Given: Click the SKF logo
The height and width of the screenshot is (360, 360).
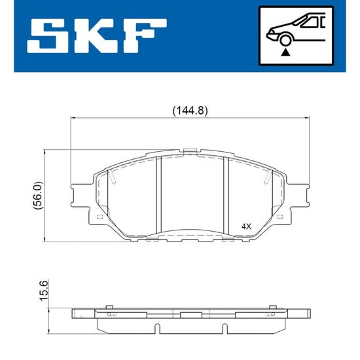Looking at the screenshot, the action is tap(97, 36).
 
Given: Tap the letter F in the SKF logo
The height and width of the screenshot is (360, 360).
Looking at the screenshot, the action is tap(145, 36).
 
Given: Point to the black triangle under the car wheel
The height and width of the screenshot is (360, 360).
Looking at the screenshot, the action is tap(285, 52).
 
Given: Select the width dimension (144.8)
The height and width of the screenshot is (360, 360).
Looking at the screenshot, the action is tap(190, 111).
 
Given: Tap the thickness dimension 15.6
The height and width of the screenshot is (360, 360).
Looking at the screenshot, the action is tap(44, 291).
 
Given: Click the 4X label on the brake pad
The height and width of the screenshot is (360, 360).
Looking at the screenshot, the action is tap(246, 227).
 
